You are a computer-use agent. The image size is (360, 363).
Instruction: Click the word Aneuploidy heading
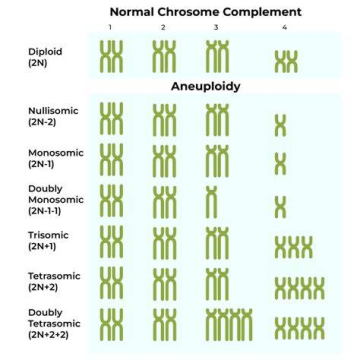[x=205, y=87]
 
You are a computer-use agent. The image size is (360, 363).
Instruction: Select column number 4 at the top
[x=284, y=27]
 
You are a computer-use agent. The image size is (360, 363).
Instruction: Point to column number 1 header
[x=110, y=27]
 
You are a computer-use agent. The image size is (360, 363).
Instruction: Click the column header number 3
[x=216, y=27]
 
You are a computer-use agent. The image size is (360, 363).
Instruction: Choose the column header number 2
[x=163, y=27]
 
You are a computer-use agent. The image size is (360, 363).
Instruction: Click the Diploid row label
[x=45, y=51]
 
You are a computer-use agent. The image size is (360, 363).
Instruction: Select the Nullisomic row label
[x=53, y=111]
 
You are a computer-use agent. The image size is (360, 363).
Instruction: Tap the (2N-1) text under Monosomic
[x=41, y=164]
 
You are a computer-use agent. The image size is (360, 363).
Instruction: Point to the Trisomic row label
[x=48, y=235]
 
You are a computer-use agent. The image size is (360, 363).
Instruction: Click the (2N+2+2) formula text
[x=48, y=335]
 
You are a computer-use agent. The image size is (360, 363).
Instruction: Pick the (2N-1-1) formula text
[x=44, y=211]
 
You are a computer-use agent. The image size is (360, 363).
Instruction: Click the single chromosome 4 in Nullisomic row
[x=280, y=125]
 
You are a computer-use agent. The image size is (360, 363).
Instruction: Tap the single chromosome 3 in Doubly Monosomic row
[x=211, y=202]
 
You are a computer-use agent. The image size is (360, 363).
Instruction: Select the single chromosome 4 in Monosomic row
[x=280, y=163]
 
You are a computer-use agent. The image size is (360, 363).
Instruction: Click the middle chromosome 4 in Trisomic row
[x=293, y=247]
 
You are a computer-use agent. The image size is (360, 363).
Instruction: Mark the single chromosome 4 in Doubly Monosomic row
[x=280, y=207]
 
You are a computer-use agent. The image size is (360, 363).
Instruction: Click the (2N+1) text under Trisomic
[x=42, y=246]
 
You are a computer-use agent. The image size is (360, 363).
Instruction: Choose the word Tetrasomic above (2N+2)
[x=54, y=276]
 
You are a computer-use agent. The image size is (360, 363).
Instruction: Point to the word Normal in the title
[x=131, y=12]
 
